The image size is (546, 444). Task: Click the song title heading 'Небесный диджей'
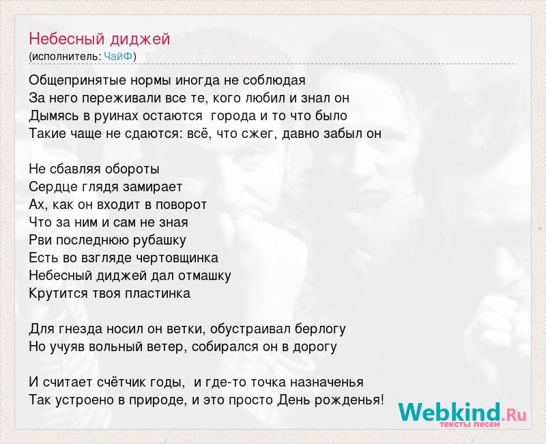99,39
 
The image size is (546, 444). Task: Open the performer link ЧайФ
118,56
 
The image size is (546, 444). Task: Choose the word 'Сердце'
53,187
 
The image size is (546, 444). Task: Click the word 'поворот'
181,205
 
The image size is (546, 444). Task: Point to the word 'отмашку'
204,276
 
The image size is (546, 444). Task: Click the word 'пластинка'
158,294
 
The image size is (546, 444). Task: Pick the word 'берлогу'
320,329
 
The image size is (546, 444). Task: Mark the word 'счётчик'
118,382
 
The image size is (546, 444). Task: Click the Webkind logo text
462,412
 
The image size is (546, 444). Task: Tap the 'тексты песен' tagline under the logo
470,424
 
